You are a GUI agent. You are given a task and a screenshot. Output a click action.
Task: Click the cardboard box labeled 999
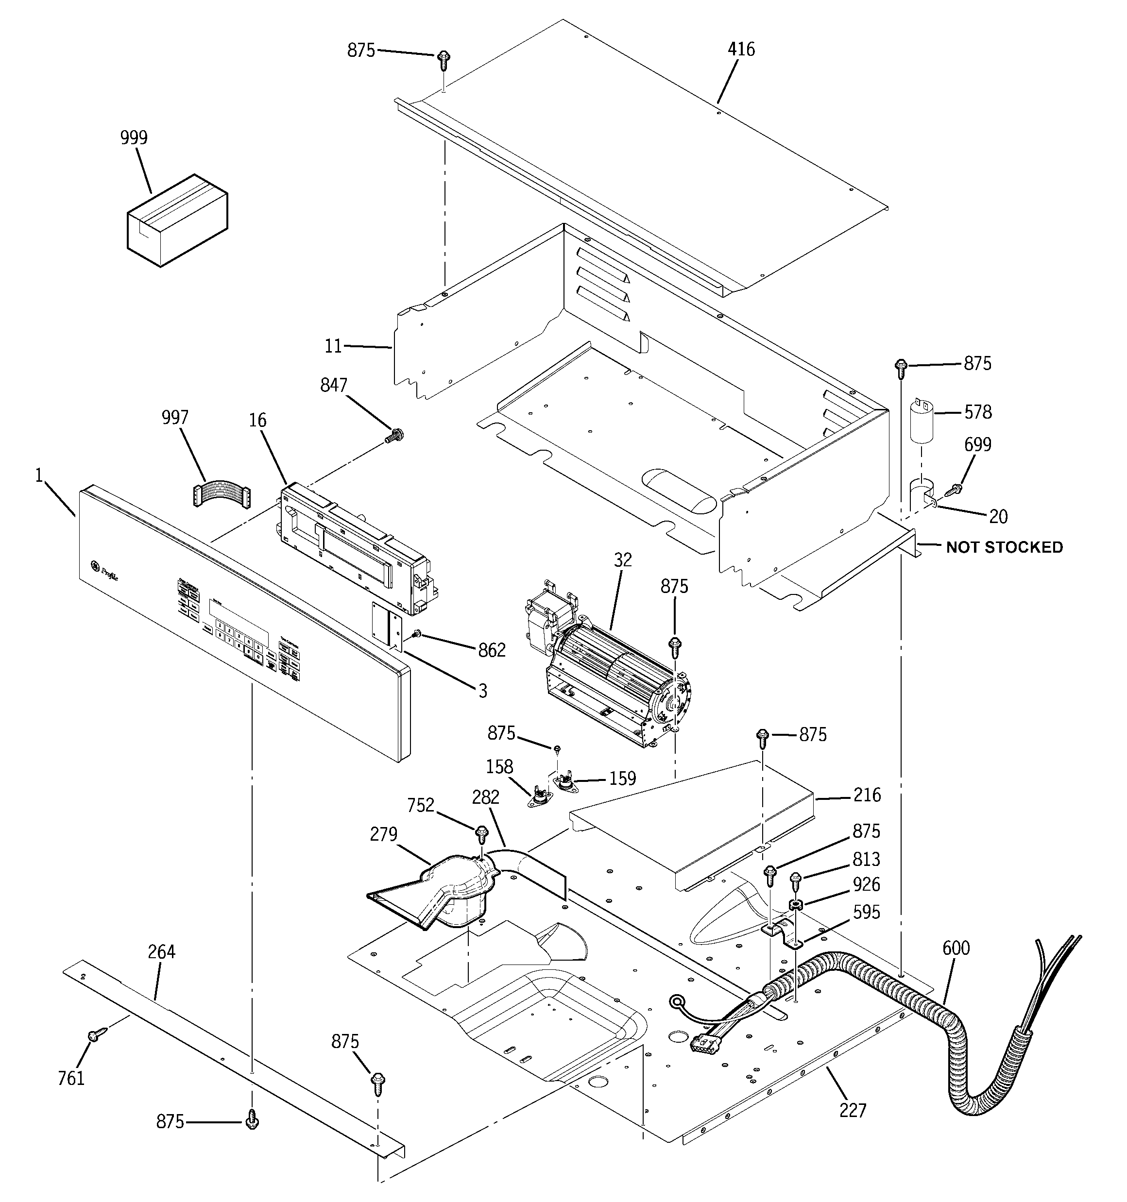[x=177, y=220]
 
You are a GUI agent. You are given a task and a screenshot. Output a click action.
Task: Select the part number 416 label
[x=741, y=50]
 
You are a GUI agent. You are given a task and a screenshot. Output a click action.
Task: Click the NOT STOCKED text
[x=1004, y=547]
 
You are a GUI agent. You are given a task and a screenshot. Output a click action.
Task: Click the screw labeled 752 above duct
[x=481, y=834]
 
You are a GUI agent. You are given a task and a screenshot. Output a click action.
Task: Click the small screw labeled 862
[x=416, y=634]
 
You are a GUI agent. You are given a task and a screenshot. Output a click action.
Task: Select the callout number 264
[x=161, y=952]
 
